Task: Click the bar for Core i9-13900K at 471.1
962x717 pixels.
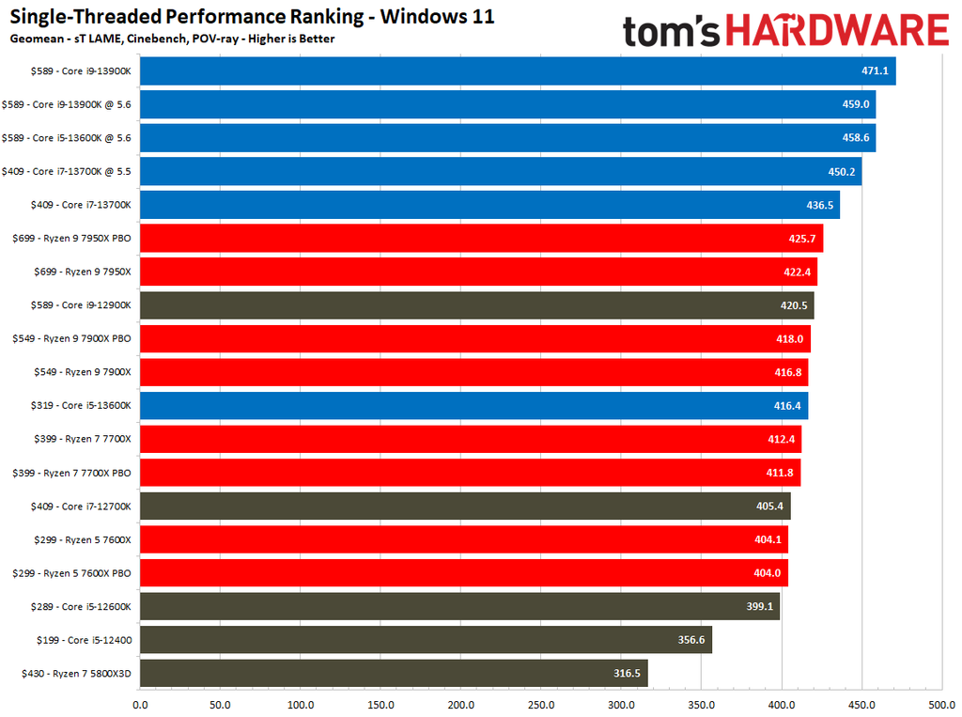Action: tap(517, 70)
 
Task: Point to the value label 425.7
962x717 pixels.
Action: tap(803, 239)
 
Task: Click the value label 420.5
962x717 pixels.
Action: tap(794, 305)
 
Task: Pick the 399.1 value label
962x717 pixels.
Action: tap(759, 606)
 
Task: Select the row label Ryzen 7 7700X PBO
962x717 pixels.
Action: tap(71, 473)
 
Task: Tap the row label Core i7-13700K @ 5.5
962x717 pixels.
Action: tap(71, 171)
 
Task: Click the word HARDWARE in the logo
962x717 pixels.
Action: tap(836, 31)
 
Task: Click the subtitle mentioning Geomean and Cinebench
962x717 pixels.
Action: tap(172, 39)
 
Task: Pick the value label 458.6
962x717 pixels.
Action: tap(856, 138)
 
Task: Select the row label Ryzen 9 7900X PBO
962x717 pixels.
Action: tap(71, 339)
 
